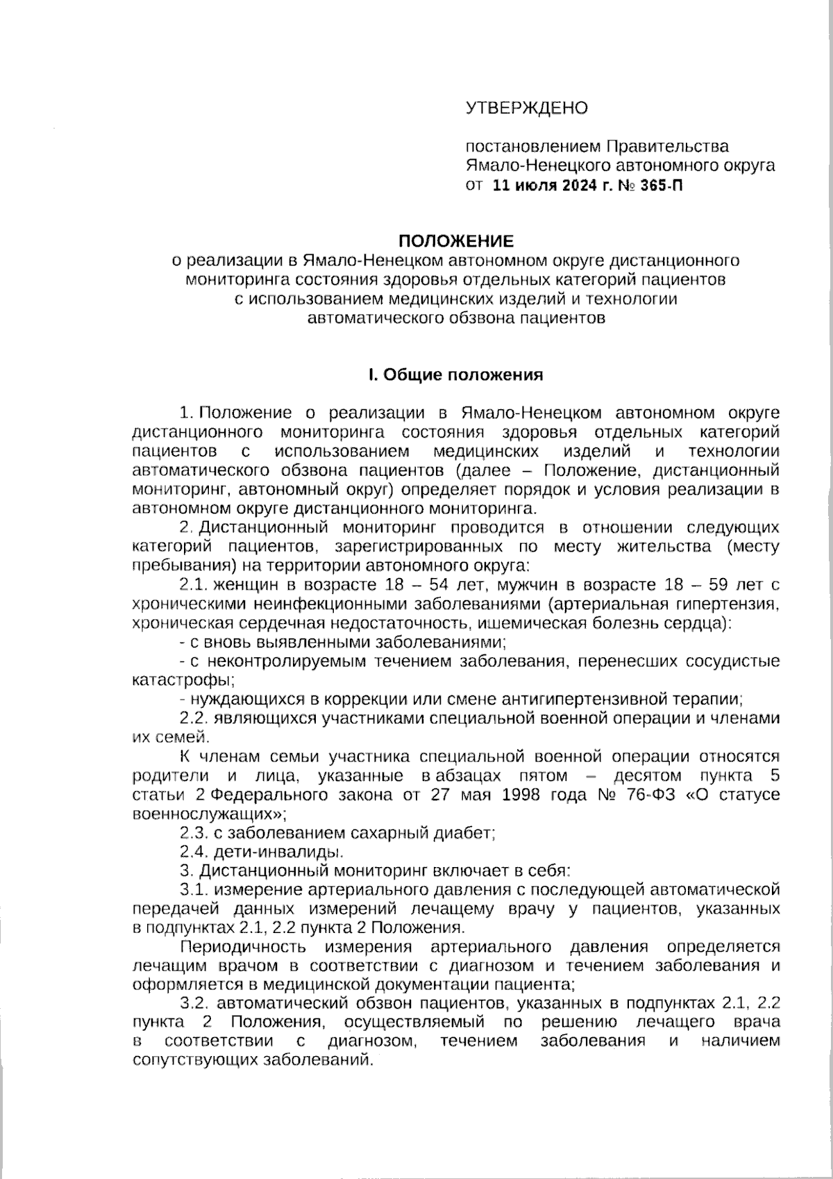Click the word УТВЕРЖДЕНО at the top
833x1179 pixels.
point(526,108)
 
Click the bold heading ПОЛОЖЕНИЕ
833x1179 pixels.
point(455,241)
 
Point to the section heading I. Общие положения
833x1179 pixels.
point(455,375)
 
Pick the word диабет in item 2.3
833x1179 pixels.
point(466,832)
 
